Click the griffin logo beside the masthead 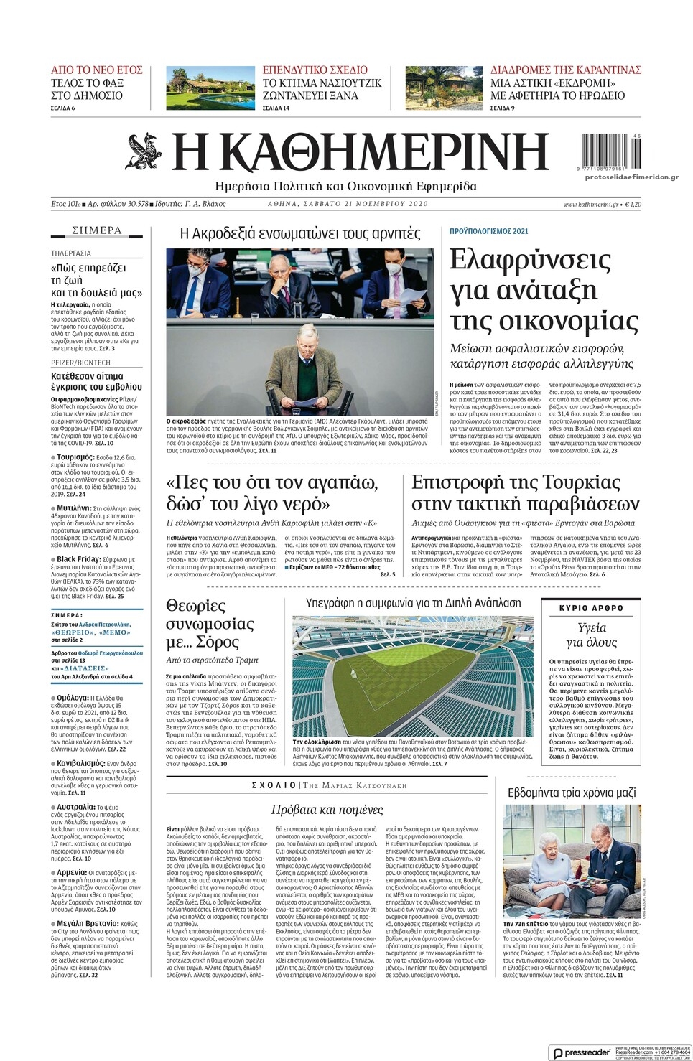point(146,151)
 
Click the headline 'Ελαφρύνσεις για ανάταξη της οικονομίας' point(544,289)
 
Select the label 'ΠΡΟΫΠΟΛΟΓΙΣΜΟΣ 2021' point(488,231)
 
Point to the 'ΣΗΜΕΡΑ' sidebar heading point(97,230)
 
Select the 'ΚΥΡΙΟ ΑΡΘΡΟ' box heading point(591,608)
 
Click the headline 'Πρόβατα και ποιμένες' point(327,810)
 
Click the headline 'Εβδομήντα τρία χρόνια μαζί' point(572,793)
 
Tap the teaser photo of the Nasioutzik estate point(208,88)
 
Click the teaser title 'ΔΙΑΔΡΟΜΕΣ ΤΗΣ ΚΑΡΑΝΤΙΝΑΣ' point(566,70)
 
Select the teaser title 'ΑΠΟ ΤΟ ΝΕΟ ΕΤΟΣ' point(96,70)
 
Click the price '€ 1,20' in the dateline point(633,204)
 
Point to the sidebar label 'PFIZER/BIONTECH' point(80,363)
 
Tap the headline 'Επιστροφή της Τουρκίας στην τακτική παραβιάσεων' point(525,492)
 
